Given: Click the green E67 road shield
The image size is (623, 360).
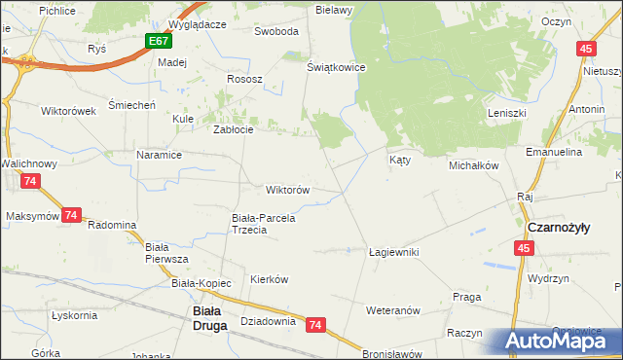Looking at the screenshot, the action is [160, 42].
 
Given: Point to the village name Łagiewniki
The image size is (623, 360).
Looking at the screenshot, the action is [393, 251].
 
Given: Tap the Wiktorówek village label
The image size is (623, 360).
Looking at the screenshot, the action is [68, 110].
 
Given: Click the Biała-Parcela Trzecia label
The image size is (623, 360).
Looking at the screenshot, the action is [263, 225].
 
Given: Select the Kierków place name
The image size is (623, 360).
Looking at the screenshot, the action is [270, 278].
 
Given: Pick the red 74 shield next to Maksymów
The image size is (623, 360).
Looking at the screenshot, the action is [71, 215].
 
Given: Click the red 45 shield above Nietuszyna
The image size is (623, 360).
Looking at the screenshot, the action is [585, 50].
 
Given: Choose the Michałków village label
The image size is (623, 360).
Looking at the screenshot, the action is [473, 165].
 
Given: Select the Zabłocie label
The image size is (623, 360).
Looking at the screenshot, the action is [234, 130].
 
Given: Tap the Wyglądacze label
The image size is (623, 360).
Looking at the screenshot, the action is [197, 23].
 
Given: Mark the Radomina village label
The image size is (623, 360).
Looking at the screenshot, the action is [112, 225].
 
